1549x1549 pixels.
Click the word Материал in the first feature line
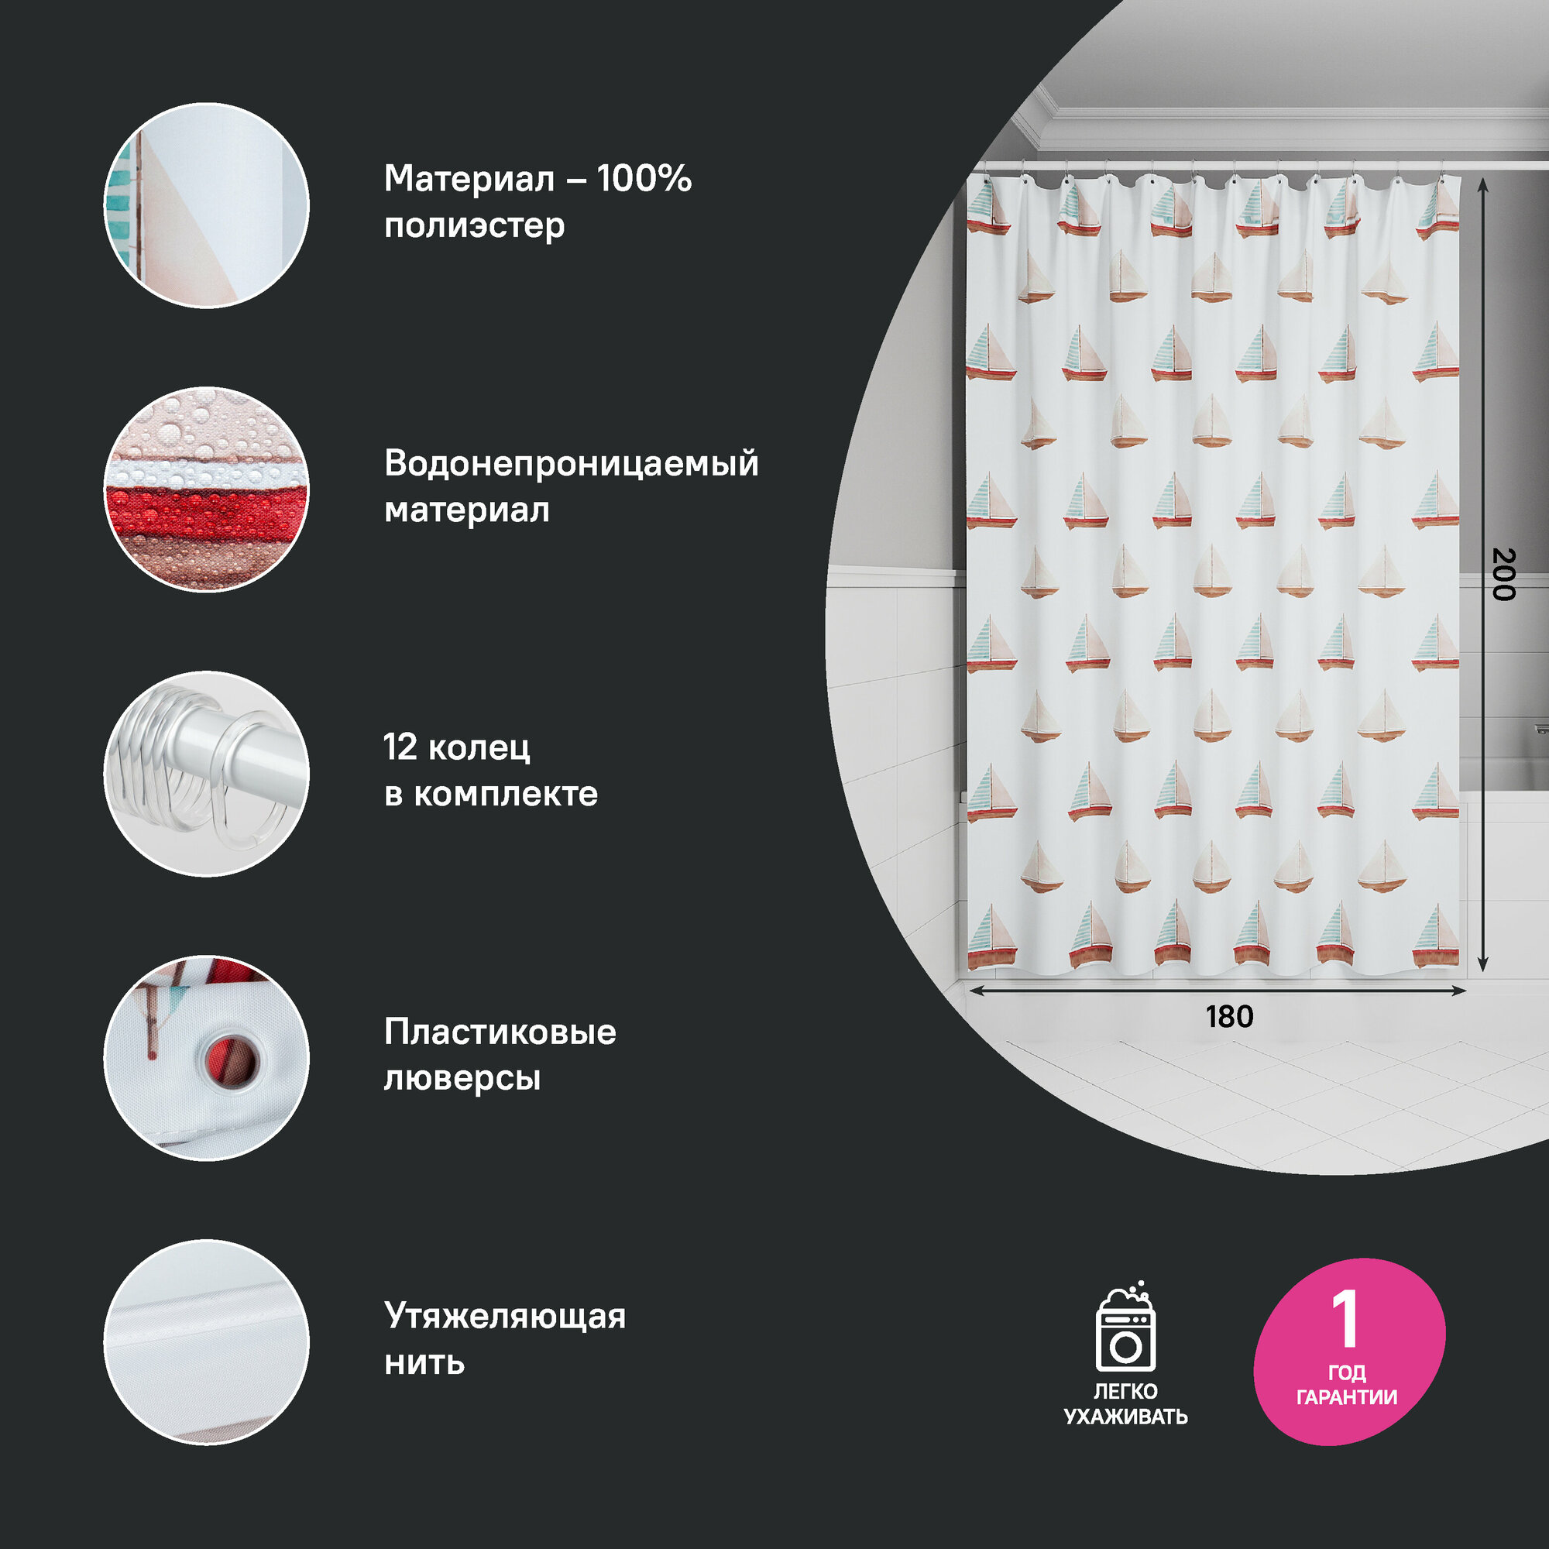click(x=469, y=179)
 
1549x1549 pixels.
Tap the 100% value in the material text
click(x=644, y=179)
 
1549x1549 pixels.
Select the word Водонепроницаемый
click(x=571, y=463)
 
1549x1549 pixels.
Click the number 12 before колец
click(x=400, y=747)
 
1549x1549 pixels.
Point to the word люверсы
click(x=462, y=1078)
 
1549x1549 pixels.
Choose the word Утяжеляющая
click(x=504, y=1317)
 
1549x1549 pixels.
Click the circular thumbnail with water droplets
click(x=206, y=490)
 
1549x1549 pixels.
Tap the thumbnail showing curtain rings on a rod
click(x=206, y=774)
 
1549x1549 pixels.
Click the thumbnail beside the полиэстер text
click(x=206, y=205)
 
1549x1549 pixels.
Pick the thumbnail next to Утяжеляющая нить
click(x=206, y=1342)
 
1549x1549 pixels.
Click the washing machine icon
click(x=1125, y=1328)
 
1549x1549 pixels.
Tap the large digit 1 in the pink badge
click(x=1345, y=1319)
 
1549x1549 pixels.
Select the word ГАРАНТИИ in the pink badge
click(x=1347, y=1397)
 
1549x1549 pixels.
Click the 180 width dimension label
click(x=1229, y=1018)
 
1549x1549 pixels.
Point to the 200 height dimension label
click(x=1503, y=574)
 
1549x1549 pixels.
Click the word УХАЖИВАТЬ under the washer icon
click(x=1125, y=1417)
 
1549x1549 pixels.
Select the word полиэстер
click(x=474, y=226)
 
